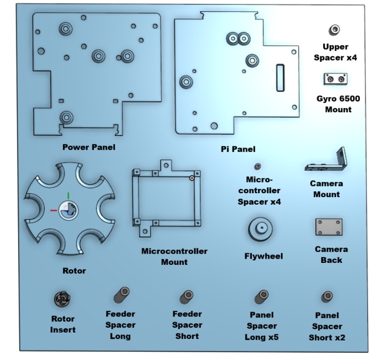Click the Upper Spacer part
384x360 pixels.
[x=334, y=30]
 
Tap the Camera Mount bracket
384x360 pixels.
[x=328, y=163]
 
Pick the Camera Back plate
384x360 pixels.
[x=329, y=227]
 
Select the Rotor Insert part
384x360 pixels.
[x=63, y=300]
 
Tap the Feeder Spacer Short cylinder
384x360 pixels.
[x=187, y=297]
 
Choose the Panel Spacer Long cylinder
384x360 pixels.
[x=261, y=297]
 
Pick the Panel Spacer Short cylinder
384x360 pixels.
[x=327, y=297]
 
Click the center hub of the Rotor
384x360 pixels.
[x=68, y=211]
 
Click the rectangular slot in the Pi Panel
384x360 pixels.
[x=280, y=77]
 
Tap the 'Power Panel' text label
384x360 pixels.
[x=89, y=147]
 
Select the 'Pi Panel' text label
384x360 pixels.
[x=238, y=149]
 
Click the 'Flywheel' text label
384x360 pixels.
[x=264, y=256]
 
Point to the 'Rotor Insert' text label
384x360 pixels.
[x=63, y=324]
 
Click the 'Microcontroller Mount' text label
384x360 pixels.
[x=174, y=257]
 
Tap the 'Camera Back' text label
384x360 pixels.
[x=331, y=255]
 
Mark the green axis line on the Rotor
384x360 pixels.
[x=68, y=197]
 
